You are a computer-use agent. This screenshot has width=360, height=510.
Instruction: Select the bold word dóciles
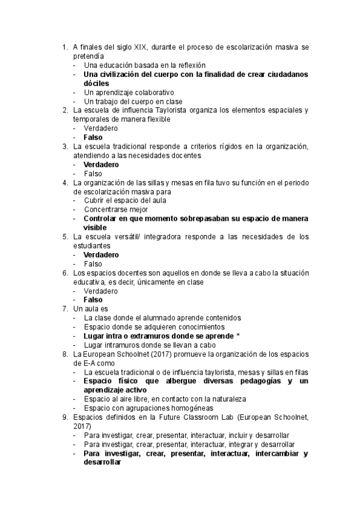[x=97, y=83]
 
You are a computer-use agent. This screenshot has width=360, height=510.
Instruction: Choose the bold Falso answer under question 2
[x=93, y=137]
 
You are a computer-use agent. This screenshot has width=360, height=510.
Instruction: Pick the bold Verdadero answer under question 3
[x=101, y=164]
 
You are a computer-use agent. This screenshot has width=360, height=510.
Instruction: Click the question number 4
[x=65, y=182]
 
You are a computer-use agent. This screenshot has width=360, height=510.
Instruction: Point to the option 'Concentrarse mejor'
[x=116, y=209]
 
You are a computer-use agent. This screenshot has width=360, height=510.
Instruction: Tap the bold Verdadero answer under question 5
[x=101, y=254]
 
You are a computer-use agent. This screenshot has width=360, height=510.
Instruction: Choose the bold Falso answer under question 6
[x=93, y=300]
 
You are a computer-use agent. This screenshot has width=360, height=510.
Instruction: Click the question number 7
[x=65, y=309]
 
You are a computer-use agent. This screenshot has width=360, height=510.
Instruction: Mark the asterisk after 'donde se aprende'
[x=238, y=336]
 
